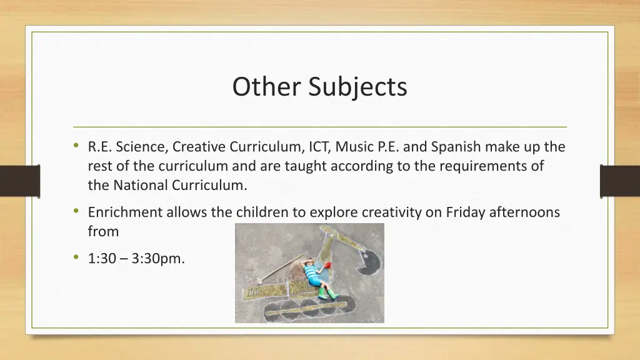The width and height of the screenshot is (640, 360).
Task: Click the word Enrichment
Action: click(125, 212)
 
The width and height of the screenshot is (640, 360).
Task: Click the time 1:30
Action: click(102, 258)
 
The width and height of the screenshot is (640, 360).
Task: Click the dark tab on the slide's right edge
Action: click(619, 181)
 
